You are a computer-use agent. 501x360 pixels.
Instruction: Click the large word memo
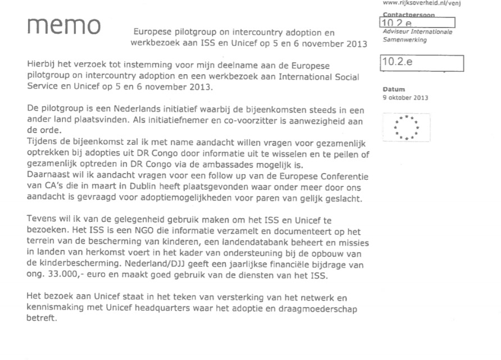pos(63,26)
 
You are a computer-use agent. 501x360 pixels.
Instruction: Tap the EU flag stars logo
pos(407,127)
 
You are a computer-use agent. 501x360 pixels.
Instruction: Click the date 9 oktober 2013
pos(405,97)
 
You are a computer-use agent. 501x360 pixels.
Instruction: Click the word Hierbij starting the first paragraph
pos(41,67)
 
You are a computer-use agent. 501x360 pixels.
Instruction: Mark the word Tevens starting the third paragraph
pos(40,221)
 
